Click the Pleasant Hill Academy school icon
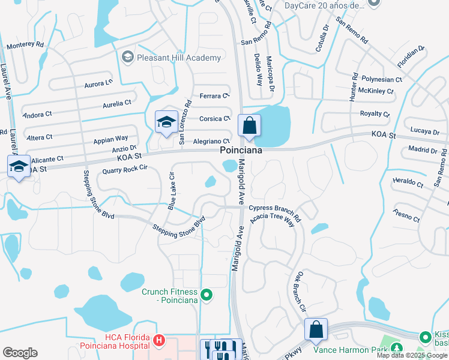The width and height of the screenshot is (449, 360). tap(127, 58)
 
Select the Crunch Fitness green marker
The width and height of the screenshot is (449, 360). tap(206, 295)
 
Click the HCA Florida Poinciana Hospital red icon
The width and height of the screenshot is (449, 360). tap(158, 341)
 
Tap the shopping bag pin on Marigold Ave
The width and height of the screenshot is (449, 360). tap(249, 126)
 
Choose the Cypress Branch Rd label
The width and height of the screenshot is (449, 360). tap(275, 208)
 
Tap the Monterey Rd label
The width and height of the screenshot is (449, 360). tap(25, 45)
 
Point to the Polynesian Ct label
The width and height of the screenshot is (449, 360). tap(381, 79)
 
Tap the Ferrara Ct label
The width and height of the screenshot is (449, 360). tap(215, 95)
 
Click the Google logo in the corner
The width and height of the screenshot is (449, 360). tap(20, 353)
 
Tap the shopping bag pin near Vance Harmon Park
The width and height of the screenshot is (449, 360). tap(316, 330)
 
